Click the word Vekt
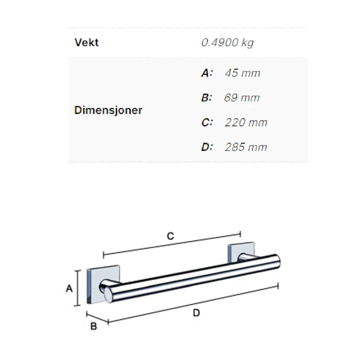coord(86,42)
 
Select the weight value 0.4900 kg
coord(227,43)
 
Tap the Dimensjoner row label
coord(108,110)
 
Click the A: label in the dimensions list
coord(207,73)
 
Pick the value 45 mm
coord(243,73)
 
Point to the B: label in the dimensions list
coord(207,98)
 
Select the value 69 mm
coord(242,98)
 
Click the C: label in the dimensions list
coord(207,122)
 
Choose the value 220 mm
coord(246,122)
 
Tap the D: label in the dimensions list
coord(207,147)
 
